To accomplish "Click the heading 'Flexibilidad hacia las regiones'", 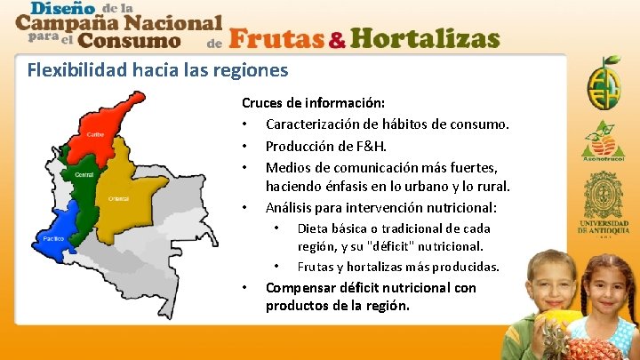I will point(157,68).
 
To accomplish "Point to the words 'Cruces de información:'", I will point(313,103).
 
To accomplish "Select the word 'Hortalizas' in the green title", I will point(424,39).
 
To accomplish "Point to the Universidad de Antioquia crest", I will point(610,196).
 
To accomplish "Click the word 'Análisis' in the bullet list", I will point(292,208).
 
